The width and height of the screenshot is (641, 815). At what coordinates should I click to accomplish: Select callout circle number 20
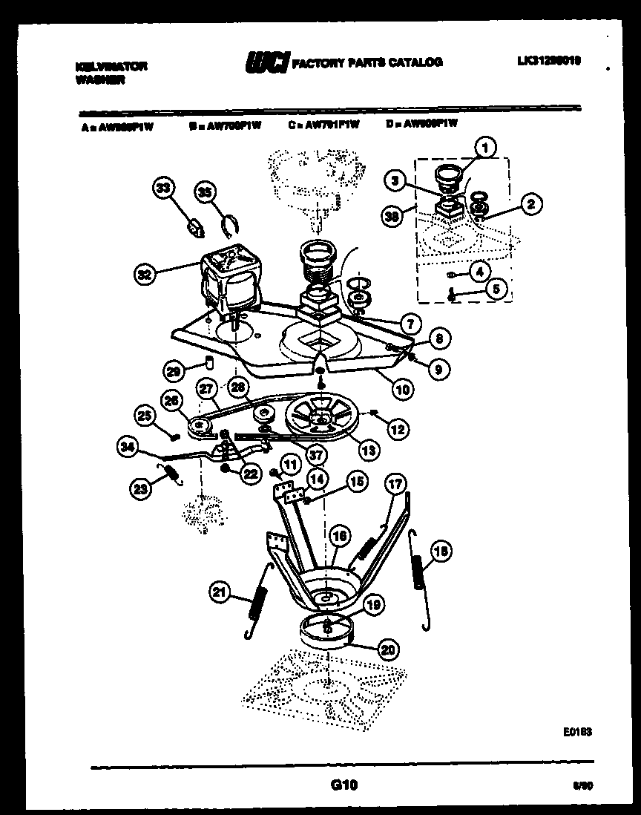pos(387,649)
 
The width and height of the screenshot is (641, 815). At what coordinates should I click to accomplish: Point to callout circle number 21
pos(219,592)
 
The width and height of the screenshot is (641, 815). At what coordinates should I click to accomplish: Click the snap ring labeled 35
pos(231,222)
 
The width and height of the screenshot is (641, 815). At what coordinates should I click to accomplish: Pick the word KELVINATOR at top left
pos(111,66)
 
